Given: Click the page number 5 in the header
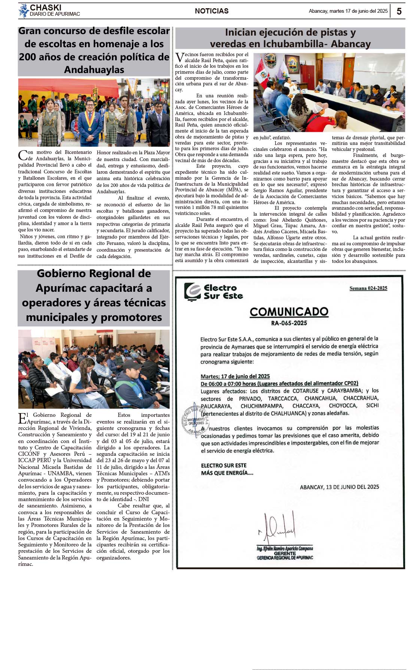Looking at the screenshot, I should (399, 11).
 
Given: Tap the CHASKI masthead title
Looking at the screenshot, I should (45, 7).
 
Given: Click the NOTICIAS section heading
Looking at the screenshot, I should (212, 11).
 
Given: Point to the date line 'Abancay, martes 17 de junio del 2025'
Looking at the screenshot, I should (348, 11).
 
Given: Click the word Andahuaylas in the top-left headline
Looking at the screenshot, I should (94, 70).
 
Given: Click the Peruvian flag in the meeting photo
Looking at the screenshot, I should (261, 74).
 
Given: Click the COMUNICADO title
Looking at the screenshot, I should (289, 312).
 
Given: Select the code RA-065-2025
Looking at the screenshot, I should (289, 323).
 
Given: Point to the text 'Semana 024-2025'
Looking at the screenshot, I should (368, 288).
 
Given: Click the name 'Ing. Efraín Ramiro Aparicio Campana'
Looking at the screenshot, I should (285, 548).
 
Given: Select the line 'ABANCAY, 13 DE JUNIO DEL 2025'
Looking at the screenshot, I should (339, 487).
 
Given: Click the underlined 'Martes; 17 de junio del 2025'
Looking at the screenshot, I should (235, 376).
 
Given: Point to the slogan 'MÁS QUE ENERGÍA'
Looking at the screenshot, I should (227, 473).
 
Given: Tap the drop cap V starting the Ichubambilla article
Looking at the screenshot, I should (179, 57).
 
